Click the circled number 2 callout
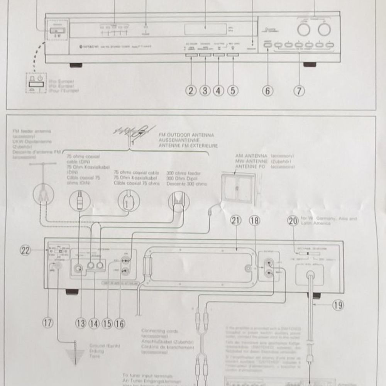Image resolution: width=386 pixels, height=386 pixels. tap(191, 91)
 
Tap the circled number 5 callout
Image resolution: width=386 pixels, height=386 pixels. tap(232, 91)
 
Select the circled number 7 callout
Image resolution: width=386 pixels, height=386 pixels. tap(299, 91)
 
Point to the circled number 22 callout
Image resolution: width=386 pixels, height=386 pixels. tap(25, 251)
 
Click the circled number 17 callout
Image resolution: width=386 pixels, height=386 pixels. tap(48, 323)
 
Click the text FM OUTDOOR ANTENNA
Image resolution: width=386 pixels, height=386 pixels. tap(186, 135)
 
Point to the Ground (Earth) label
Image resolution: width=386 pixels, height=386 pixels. tap(99, 346)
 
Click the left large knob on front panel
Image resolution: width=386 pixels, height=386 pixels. tap(304, 29)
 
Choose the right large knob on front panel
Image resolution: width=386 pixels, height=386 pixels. tap(324, 29)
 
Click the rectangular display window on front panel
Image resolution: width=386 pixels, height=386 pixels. tap(205, 29)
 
